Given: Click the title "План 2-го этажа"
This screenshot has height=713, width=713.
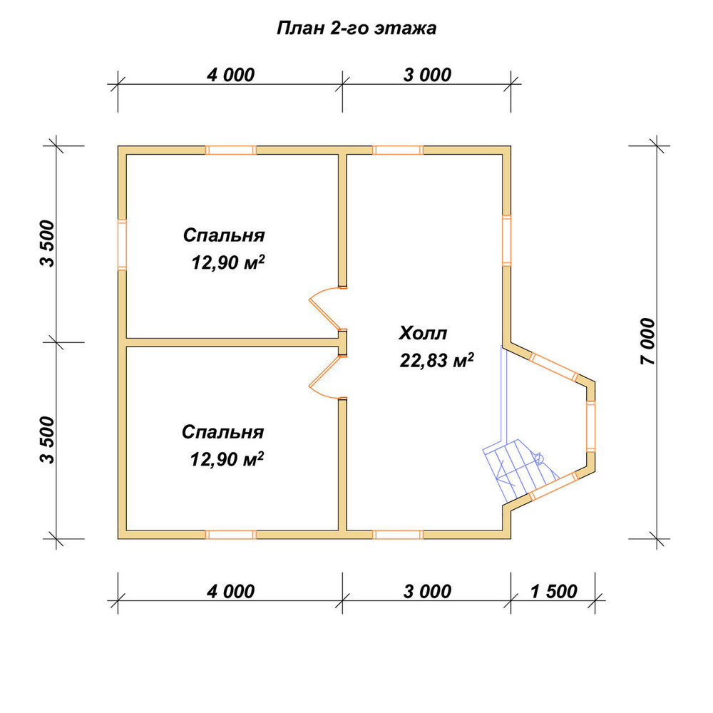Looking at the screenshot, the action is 356,29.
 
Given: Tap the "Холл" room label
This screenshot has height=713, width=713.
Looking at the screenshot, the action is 423,333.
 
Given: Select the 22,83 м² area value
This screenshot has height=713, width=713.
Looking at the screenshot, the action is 436,361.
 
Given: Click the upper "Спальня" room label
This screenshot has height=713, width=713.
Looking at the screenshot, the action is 224,235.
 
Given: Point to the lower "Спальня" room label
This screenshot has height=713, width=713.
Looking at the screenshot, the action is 222,432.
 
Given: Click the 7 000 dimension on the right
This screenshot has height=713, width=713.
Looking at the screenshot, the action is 648,341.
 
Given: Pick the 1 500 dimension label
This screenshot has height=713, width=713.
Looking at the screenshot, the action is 553,592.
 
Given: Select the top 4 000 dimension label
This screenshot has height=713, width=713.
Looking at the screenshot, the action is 230,75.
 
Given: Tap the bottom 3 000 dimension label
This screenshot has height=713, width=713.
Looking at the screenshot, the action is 427,592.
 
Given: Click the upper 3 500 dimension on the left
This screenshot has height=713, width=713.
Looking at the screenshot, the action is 47,243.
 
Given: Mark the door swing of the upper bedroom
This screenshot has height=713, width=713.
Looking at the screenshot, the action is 324,308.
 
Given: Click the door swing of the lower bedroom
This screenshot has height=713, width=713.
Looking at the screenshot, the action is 324,377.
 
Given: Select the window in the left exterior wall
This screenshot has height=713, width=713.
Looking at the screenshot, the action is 122,245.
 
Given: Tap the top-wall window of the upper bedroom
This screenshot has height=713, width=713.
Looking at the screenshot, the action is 231,150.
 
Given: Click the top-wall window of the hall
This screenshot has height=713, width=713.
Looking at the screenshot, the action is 398,150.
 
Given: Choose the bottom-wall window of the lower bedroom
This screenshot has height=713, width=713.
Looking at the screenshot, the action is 231,534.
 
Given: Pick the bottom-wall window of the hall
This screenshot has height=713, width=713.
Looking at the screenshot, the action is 398,534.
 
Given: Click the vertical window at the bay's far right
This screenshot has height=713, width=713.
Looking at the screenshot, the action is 590,426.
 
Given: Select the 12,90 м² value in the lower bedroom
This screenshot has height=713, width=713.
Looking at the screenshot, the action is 227,459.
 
